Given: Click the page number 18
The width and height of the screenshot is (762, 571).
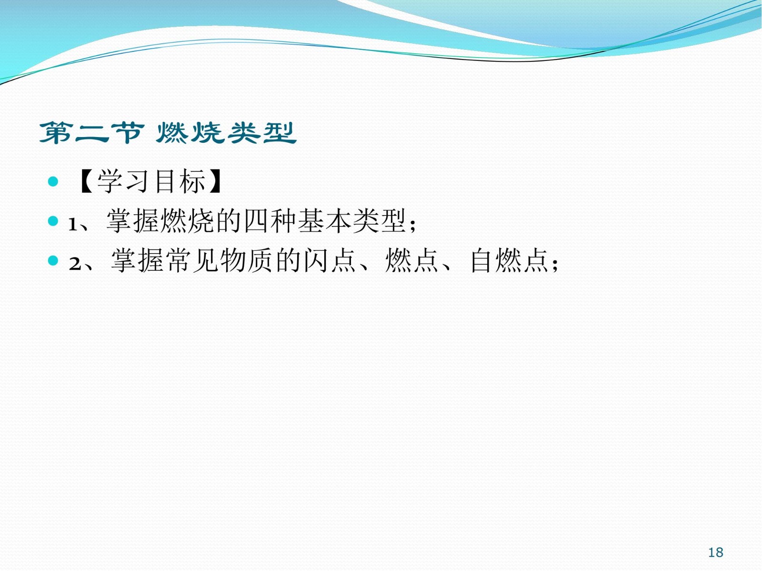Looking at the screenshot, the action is coord(715,552).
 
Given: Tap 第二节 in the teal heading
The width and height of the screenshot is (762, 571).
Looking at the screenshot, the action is coord(91,133).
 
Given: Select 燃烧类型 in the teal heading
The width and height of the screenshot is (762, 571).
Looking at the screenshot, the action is coord(226,133).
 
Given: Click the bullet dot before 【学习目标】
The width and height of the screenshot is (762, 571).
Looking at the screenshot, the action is coord(53,181).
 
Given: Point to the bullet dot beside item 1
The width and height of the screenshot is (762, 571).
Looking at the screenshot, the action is coord(53,221).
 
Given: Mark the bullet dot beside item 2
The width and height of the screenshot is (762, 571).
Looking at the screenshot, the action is coord(53,260).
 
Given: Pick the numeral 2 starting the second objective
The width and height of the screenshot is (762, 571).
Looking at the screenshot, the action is coord(75,264).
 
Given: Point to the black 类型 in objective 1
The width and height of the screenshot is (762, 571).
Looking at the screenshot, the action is coord(379,221).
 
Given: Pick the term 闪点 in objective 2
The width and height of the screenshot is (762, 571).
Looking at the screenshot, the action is coord(330,260).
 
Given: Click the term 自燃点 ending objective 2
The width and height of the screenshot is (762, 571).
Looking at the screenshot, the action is coord(509,260).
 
